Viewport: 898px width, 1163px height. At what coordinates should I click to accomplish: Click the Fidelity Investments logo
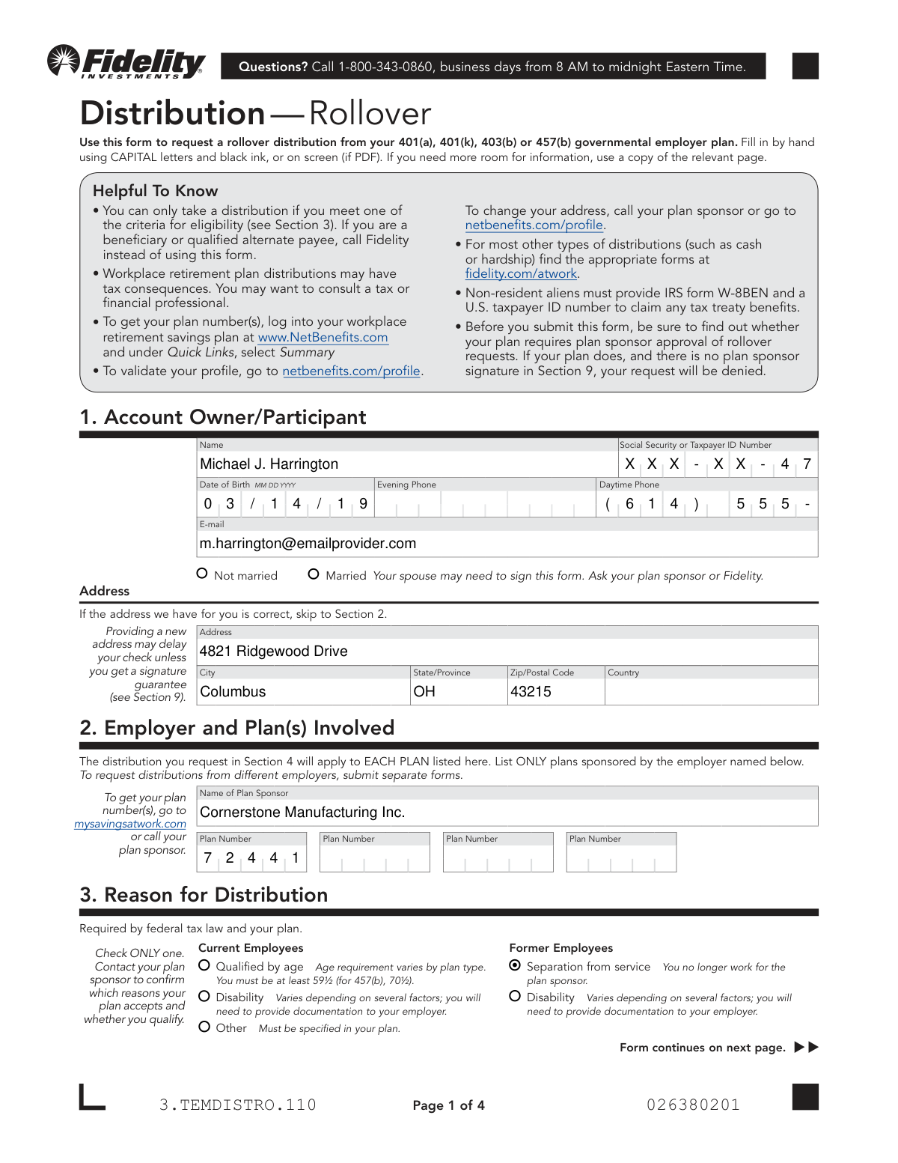click(x=126, y=63)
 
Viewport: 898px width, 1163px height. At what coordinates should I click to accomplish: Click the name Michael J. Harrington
click(x=269, y=464)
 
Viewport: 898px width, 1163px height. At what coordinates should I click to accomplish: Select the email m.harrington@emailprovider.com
click(x=308, y=544)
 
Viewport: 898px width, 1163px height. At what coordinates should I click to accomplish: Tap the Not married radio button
click(x=202, y=574)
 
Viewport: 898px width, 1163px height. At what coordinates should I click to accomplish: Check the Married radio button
click(x=314, y=574)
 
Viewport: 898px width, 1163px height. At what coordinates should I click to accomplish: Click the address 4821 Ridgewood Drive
click(x=273, y=652)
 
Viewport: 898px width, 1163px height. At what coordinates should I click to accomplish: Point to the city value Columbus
click(x=233, y=692)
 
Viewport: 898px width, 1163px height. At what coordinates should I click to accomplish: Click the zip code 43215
click(x=531, y=692)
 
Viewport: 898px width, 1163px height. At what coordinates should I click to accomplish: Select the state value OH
click(x=424, y=692)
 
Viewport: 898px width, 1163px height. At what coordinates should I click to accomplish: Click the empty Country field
click(x=710, y=692)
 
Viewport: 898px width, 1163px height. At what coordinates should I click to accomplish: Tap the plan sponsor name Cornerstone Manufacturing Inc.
click(x=302, y=813)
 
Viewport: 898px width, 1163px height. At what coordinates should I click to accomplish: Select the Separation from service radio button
click(x=515, y=965)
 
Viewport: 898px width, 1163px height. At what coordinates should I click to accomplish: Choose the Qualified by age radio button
click(x=204, y=965)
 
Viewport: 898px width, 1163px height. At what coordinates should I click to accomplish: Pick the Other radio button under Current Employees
click(x=204, y=1027)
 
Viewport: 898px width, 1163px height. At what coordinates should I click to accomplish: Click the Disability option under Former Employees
click(x=515, y=996)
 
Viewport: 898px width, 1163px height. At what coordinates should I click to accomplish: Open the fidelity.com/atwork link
click(x=521, y=274)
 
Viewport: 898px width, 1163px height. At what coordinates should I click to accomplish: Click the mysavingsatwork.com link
click(x=130, y=824)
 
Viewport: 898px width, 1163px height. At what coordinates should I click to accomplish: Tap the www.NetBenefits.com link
click(x=323, y=338)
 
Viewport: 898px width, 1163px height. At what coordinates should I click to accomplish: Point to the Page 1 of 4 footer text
click(x=448, y=1105)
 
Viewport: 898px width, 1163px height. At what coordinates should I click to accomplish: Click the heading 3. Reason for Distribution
click(x=204, y=895)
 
